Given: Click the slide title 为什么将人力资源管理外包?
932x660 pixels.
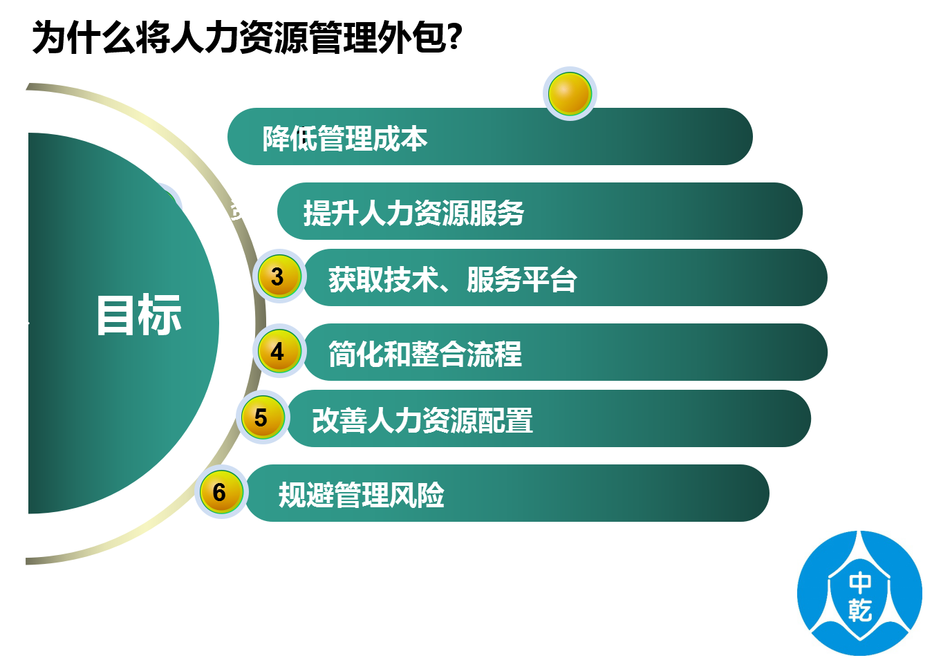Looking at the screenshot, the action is (247, 37).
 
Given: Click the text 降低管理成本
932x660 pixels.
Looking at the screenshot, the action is (345, 138).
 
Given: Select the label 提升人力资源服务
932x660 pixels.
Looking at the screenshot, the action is (413, 213).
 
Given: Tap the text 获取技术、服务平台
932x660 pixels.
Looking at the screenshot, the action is (453, 279).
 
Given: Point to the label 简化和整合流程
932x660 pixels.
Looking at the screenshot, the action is (425, 354).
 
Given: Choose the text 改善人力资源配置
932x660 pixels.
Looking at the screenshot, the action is (422, 420).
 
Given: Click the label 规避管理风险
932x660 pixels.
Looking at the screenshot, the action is (361, 495).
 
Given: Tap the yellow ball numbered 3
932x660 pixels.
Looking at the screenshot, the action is (279, 276).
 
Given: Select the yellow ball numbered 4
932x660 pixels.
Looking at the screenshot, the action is (279, 351).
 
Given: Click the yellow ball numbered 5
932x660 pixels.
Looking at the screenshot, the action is (263, 417).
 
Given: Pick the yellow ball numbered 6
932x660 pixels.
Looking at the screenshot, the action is (221, 492).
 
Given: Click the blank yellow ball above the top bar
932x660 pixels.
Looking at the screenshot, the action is (570, 93).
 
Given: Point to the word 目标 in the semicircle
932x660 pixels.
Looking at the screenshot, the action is (139, 314).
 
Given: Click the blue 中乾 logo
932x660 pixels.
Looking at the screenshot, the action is (859, 594).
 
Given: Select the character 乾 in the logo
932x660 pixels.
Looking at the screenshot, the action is (860, 610).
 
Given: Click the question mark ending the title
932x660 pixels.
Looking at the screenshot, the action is (456, 37).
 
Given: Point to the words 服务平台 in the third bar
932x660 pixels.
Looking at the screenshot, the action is (522, 279).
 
